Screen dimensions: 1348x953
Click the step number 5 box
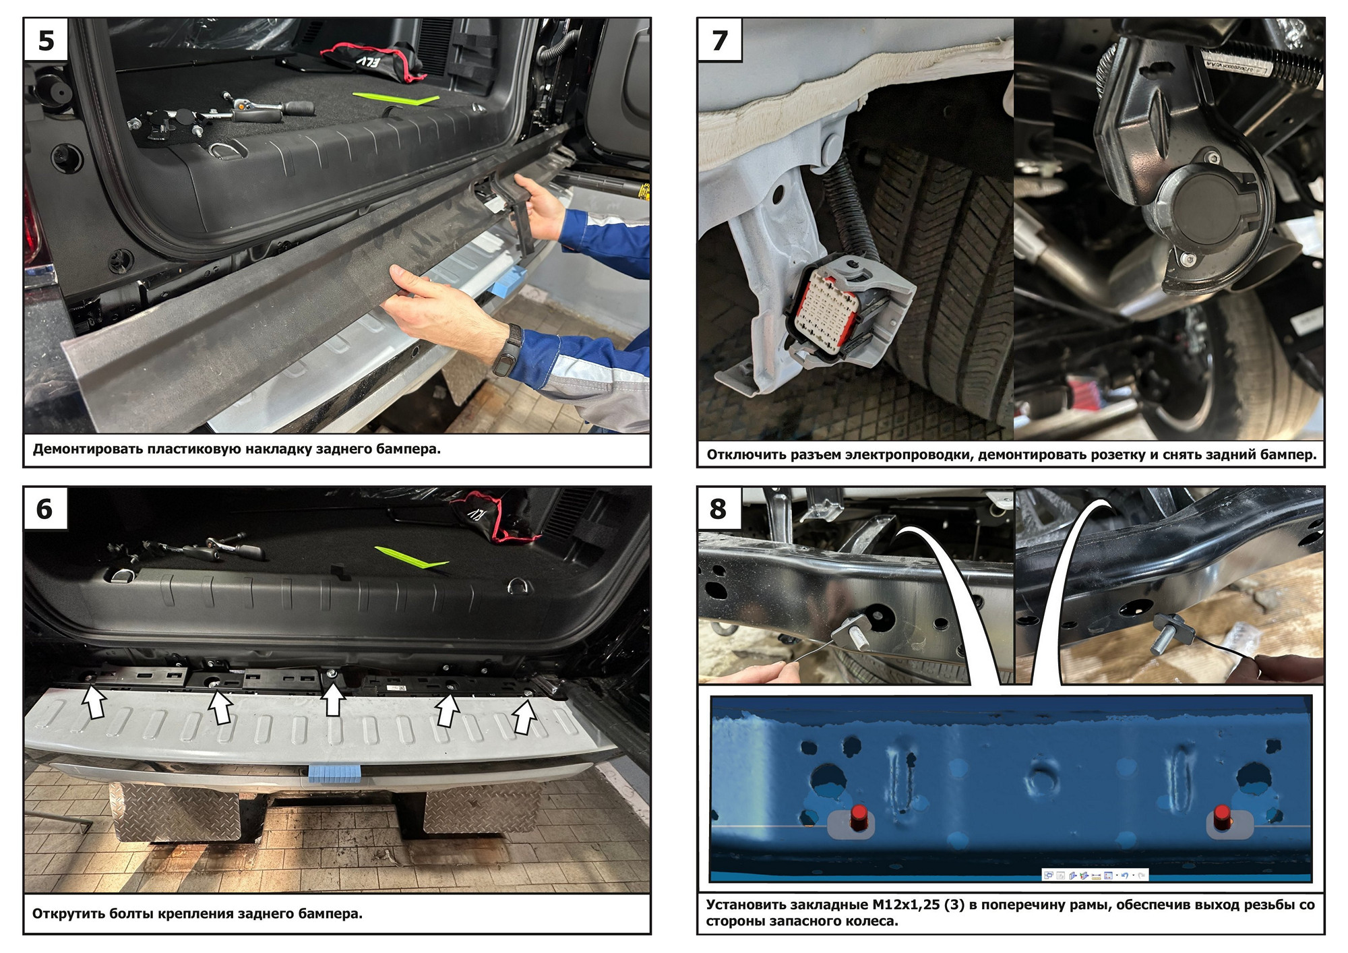[46, 40]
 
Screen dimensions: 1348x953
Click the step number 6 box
[45, 509]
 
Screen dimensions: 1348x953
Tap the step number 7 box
[720, 40]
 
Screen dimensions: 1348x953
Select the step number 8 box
[719, 509]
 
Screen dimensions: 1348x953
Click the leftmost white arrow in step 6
[94, 702]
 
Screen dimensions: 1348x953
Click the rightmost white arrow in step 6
[524, 716]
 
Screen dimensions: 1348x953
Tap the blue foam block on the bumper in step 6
[334, 773]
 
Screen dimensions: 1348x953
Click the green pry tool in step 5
[396, 98]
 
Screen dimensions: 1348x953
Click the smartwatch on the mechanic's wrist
[508, 349]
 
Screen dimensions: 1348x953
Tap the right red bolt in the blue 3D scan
[1222, 817]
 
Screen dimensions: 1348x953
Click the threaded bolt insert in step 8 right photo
[1171, 633]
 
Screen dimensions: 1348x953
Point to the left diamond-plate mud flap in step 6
[177, 812]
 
